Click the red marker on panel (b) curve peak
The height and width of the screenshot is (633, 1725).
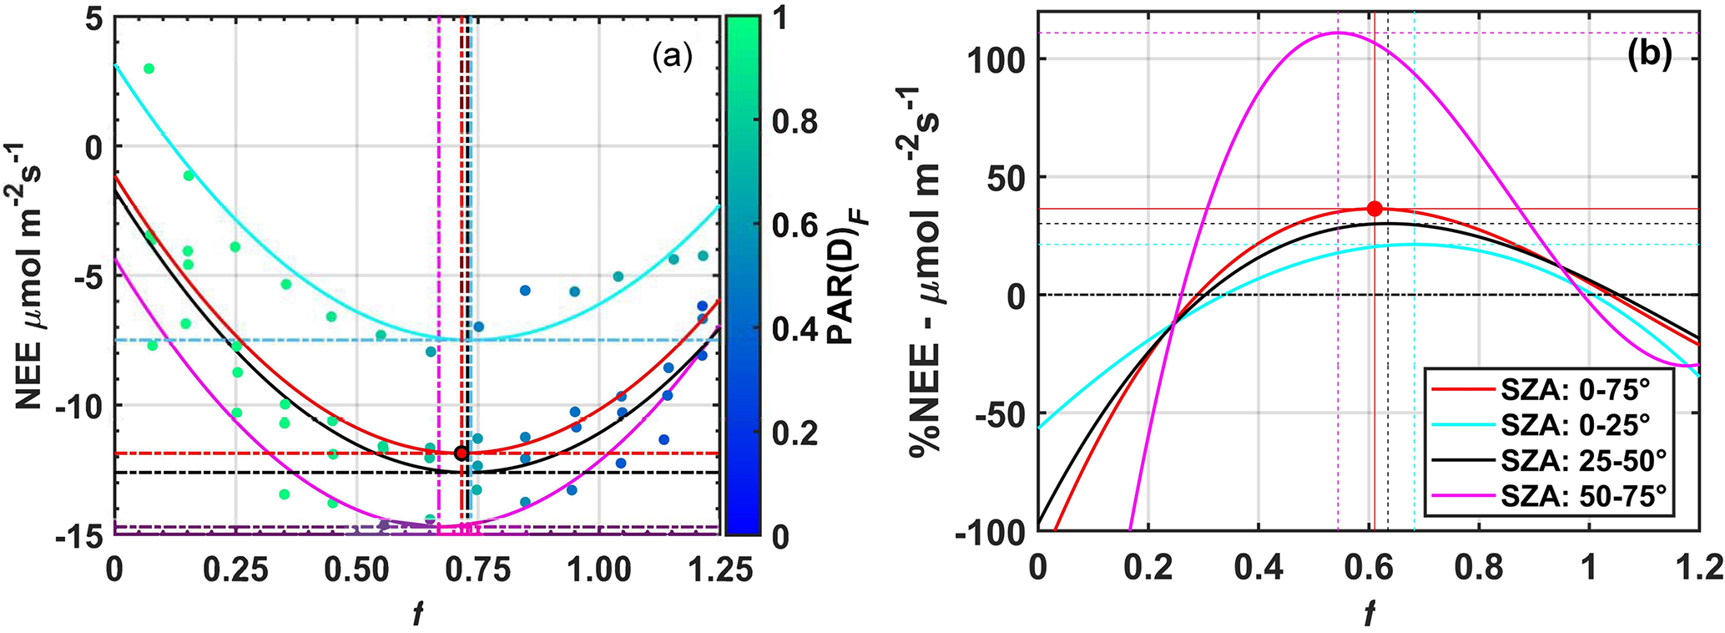tap(1374, 209)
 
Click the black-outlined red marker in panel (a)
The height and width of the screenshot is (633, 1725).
tap(462, 453)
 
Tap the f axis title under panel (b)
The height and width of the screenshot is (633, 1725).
tap(1369, 613)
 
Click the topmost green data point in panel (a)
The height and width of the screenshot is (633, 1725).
tap(149, 68)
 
